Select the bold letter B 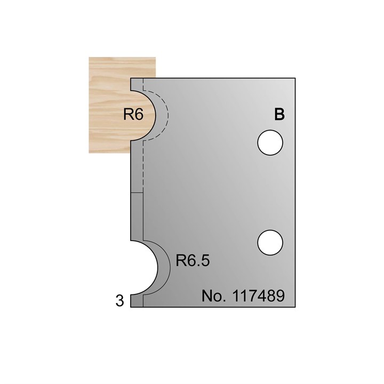pyautogui.click(x=278, y=115)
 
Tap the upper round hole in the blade pyautogui.click(x=269, y=142)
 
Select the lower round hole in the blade pyautogui.click(x=269, y=242)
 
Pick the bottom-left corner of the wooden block pyautogui.click(x=89, y=153)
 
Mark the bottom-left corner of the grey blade pyautogui.click(x=131, y=308)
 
